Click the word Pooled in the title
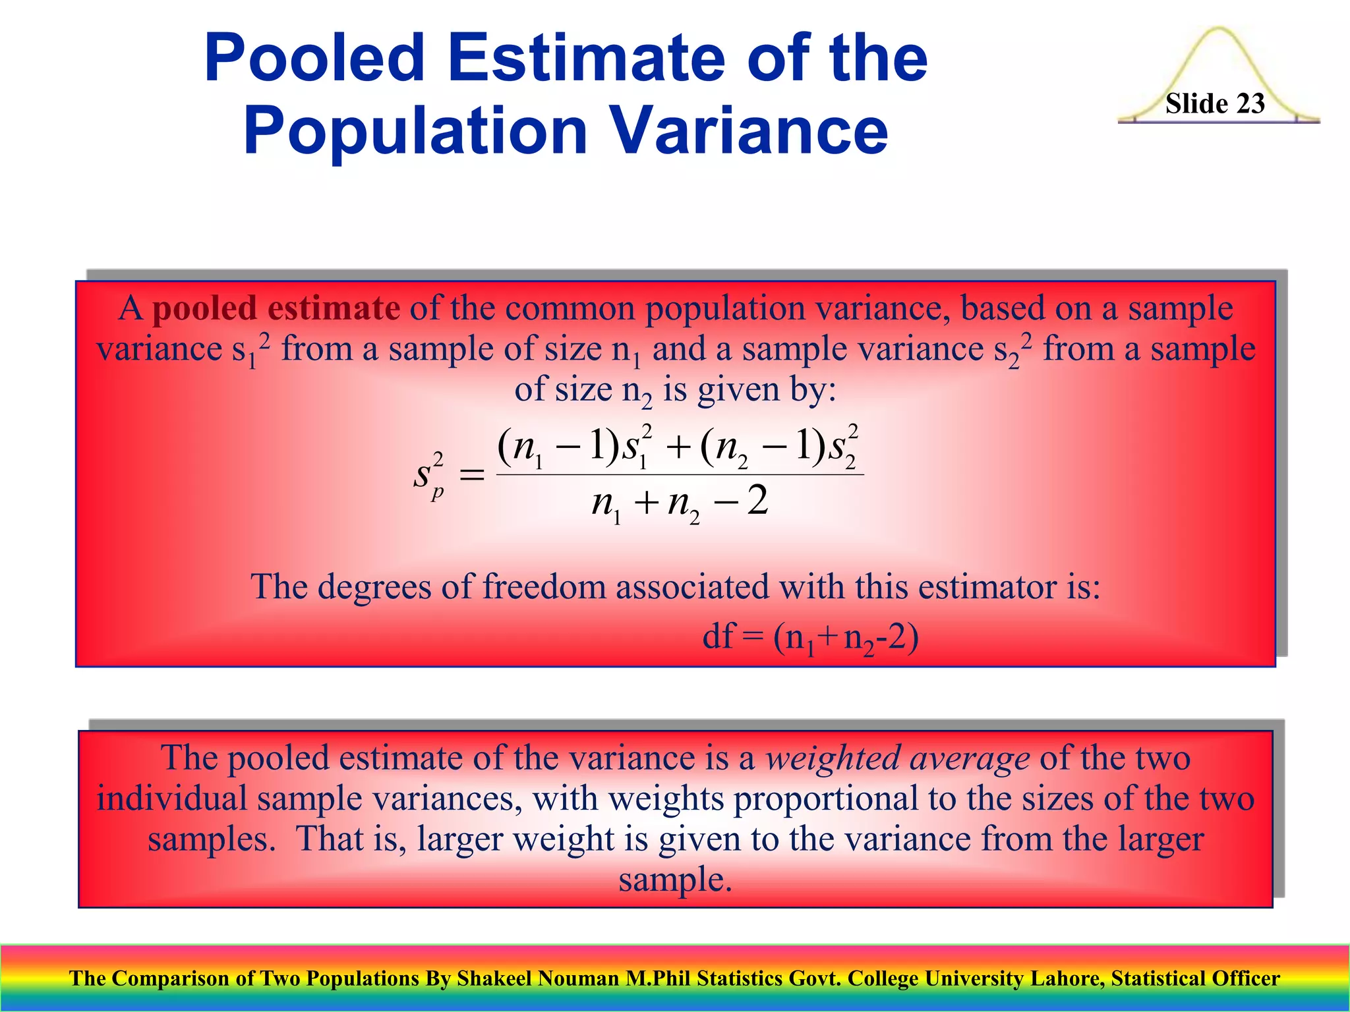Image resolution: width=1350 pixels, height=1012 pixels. [x=314, y=59]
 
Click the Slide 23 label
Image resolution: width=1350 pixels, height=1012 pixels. [x=1215, y=103]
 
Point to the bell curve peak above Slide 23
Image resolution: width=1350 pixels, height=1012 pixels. [x=1219, y=30]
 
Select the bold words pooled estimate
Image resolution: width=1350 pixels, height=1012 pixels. [x=276, y=308]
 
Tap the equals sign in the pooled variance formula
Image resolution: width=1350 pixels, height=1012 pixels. [x=471, y=474]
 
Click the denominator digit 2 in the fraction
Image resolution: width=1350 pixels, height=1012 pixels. [x=758, y=500]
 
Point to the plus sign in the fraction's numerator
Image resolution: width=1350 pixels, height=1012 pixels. [x=678, y=448]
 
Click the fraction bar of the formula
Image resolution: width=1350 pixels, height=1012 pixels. [x=679, y=474]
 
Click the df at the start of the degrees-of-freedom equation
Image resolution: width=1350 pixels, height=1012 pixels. [x=718, y=636]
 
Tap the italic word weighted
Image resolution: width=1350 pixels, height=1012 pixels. [x=832, y=758]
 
